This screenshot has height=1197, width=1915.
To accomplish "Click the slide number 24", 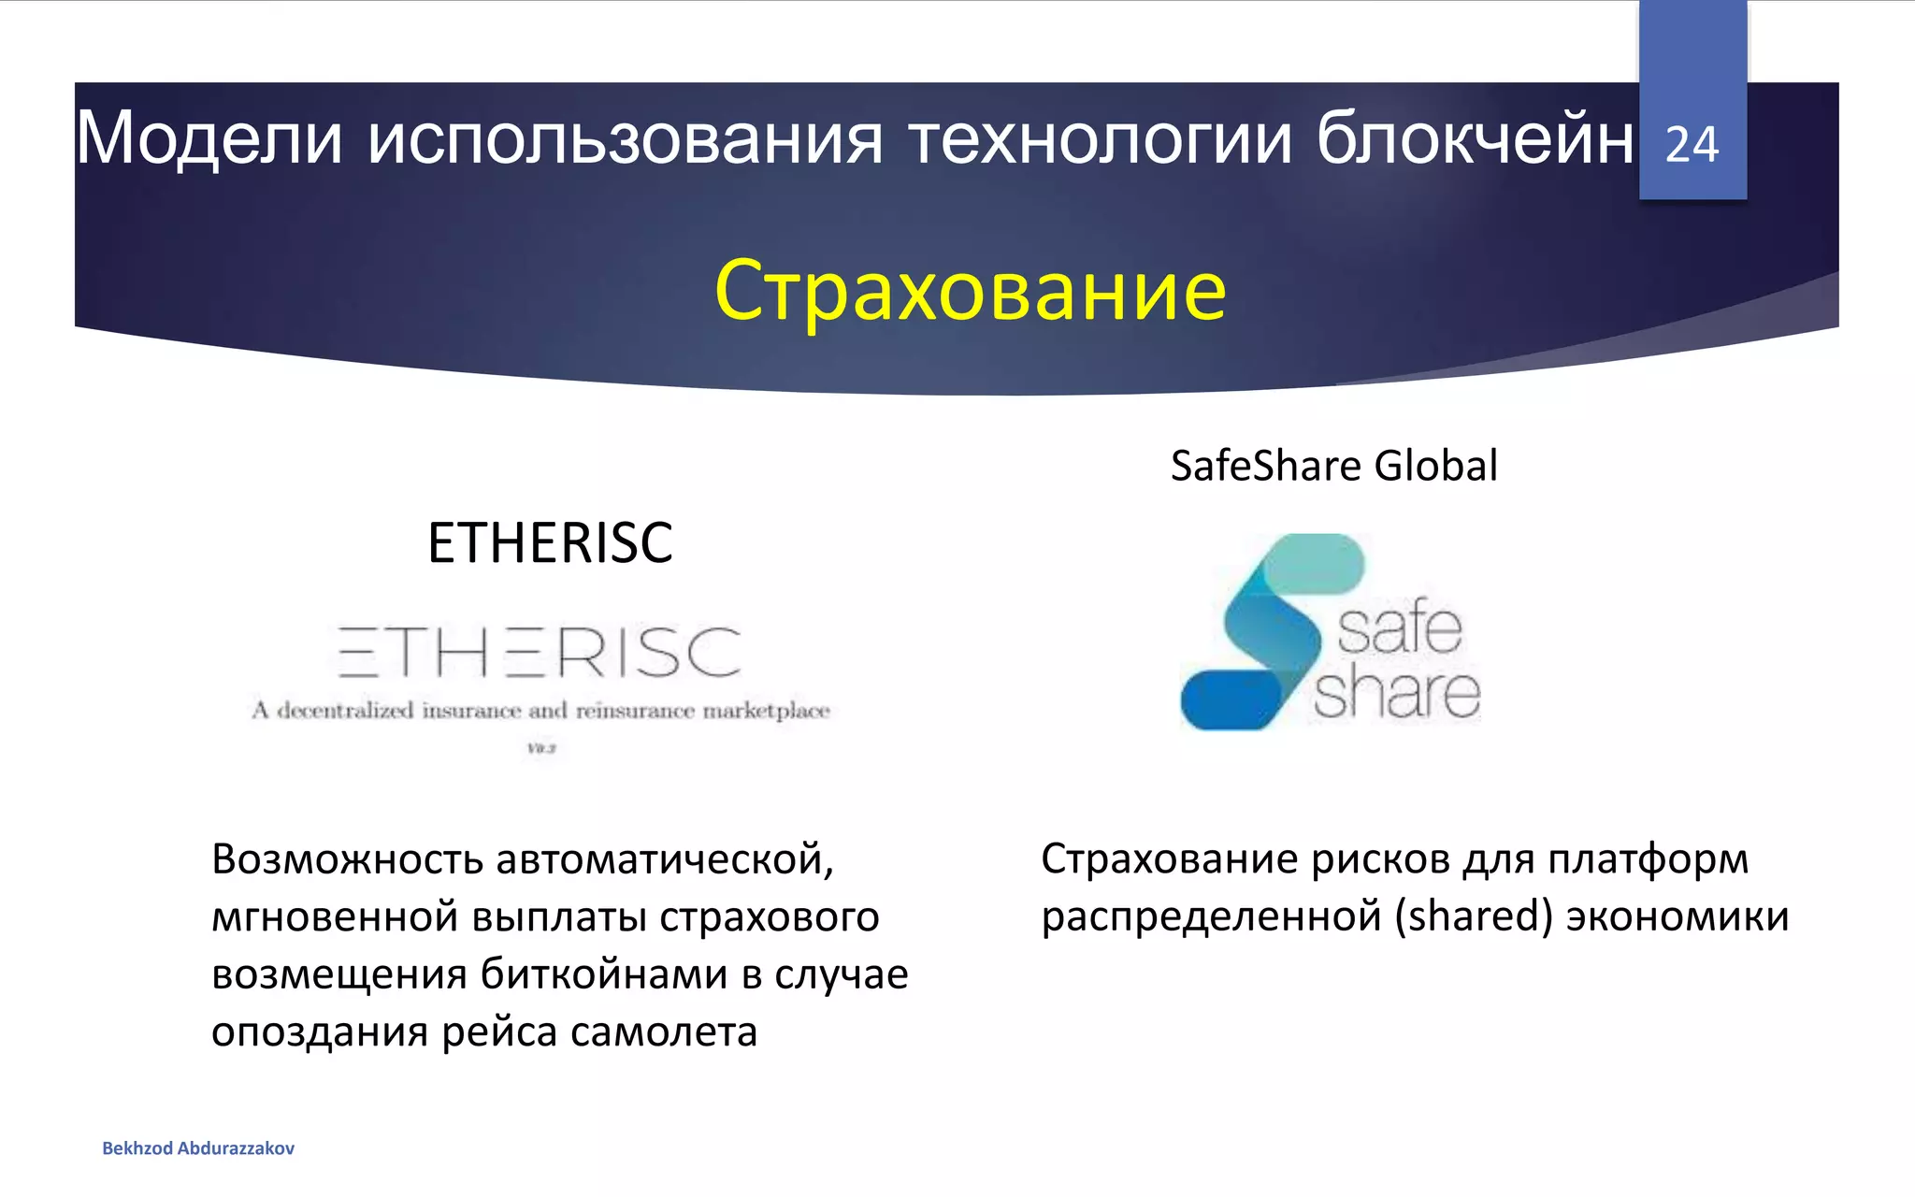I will pos(1692,145).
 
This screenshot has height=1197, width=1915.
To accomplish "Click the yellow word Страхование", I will pos(970,290).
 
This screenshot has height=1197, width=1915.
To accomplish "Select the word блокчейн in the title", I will pos(1476,138).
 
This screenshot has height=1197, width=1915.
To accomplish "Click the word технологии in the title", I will pos(1100,140).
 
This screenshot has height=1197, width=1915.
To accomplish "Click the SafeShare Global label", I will pos(1333,466).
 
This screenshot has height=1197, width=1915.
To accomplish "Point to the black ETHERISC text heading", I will pos(550,542).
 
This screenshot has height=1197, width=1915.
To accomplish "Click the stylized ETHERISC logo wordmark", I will pos(540,652).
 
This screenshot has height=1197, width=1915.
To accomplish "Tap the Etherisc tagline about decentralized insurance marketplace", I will pos(540,711).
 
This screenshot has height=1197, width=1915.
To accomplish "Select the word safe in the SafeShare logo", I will pos(1400,628).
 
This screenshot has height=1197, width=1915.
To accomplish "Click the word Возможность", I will pos(347,858).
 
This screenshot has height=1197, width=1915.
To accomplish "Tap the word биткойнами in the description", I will pos(606,974).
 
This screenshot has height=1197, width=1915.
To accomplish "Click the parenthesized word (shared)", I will pos(1474,916).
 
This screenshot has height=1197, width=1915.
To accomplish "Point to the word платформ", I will pos(1648,858).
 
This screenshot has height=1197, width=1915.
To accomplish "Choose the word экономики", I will pos(1677,916).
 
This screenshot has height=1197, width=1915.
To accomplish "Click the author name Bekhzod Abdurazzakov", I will pos(198,1148).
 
